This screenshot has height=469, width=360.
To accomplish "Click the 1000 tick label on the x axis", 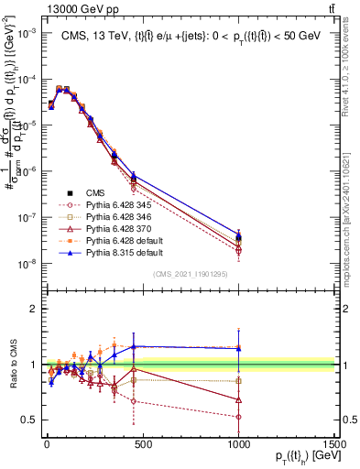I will click(238, 448).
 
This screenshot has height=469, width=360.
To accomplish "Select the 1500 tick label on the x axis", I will click(335, 448).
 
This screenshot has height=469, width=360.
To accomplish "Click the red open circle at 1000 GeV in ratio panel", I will click(238, 417).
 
